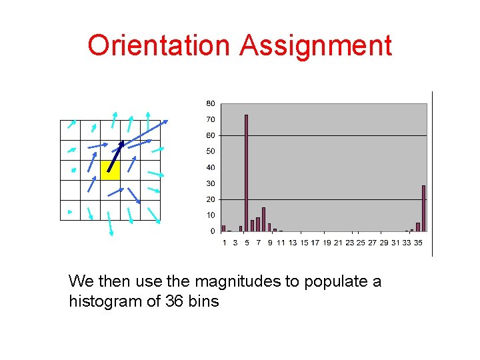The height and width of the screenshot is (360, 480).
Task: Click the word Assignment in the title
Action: click(315, 45)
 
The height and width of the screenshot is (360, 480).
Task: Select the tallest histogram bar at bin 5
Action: click(246, 173)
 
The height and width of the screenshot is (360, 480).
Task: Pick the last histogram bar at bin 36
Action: click(423, 208)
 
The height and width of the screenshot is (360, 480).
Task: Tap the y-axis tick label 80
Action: click(211, 103)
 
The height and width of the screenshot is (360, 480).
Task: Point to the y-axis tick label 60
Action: click(211, 135)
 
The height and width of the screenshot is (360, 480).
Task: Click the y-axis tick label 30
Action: click(211, 183)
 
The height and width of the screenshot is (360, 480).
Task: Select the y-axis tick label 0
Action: click(213, 231)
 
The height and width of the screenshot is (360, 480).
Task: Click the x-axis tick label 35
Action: click(418, 243)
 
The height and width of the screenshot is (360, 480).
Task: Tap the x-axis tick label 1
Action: click(224, 243)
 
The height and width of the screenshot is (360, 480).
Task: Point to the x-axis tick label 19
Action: click(327, 243)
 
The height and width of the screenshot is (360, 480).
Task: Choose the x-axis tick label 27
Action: click(372, 243)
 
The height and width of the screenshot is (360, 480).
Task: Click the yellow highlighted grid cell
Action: click(110, 170)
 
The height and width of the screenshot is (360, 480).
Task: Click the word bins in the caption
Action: click(204, 301)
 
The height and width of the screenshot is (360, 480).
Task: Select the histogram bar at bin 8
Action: click(263, 219)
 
